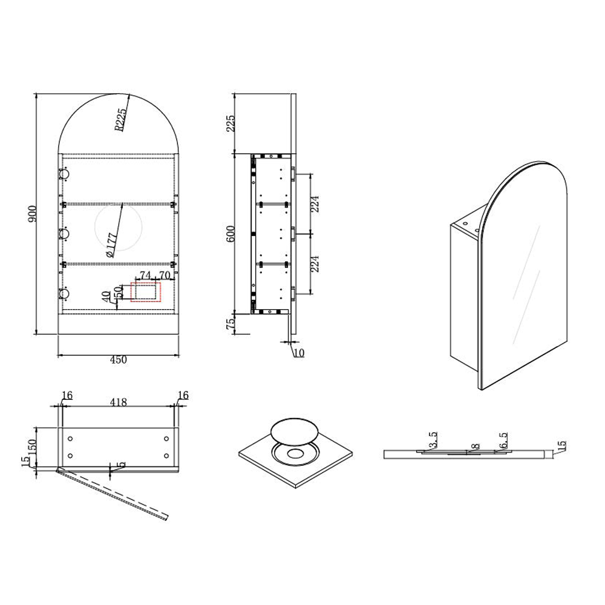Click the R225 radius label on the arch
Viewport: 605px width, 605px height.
coord(120,119)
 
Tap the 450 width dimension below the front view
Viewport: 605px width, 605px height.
coord(118,360)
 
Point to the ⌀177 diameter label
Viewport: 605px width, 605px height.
coord(112,246)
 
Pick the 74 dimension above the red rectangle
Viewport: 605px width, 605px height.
coord(145,275)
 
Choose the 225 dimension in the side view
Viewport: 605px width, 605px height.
coord(230,124)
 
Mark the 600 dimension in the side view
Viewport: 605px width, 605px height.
coord(230,233)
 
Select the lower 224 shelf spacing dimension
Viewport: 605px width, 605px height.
coord(315,264)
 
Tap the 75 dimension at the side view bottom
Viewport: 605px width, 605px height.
coord(230,324)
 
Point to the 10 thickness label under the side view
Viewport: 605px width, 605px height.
coord(298,353)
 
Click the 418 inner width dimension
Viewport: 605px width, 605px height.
coord(118,402)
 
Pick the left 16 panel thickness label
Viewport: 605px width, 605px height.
coord(67,396)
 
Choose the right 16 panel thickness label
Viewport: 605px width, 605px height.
coord(183,396)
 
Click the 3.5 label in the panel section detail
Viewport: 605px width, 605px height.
coord(431,442)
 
